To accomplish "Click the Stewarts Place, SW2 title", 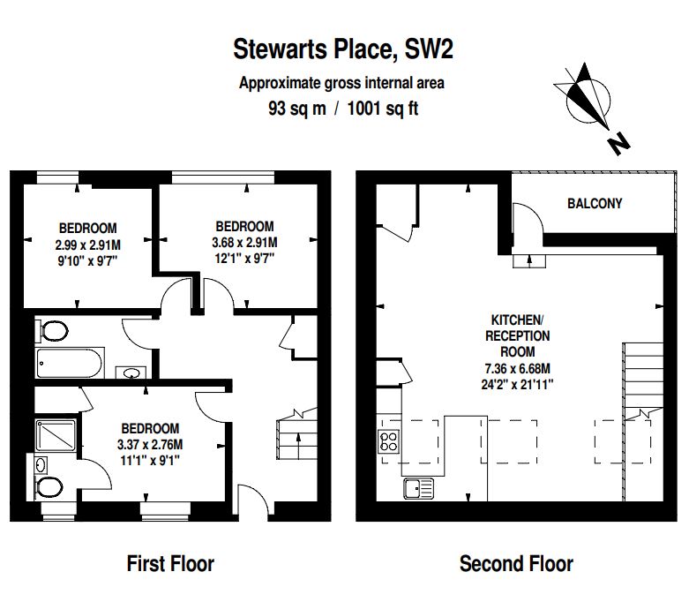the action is tap(343, 49).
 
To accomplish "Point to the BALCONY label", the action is tap(595, 204).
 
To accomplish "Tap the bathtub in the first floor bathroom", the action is tap(70, 363).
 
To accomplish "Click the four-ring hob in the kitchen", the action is tap(389, 441).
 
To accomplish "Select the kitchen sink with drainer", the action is tap(418, 488).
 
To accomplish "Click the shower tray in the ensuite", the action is tap(56, 435).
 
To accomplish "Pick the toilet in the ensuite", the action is tap(49, 487).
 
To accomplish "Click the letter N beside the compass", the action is tap(618, 143).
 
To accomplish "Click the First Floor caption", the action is tap(170, 564).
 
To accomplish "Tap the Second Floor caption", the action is tap(516, 564).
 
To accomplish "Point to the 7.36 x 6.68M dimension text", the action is tap(518, 368).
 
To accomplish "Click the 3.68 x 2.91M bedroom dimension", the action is tap(244, 242).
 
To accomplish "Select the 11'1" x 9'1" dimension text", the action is tap(150, 461).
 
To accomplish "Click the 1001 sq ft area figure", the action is tap(383, 109).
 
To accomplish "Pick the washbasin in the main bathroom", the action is tap(131, 373).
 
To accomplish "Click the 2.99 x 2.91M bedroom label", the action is tap(88, 245).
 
